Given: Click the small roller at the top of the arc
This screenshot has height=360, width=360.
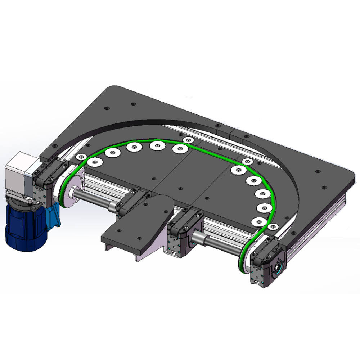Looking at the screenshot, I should [188, 140].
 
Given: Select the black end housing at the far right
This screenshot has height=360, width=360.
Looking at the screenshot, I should [268, 265].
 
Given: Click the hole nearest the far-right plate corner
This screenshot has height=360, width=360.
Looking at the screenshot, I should [324, 188].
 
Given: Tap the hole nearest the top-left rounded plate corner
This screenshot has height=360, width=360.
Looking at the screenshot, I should [107, 108].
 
